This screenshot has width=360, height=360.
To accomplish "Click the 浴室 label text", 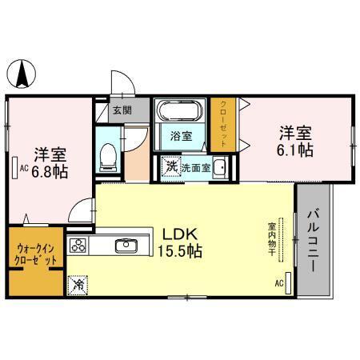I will click(182, 137).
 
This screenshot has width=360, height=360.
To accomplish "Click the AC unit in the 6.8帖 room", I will click(15, 169).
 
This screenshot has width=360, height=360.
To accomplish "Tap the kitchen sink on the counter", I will click(127, 245).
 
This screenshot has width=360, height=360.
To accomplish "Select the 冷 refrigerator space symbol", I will click(78, 283).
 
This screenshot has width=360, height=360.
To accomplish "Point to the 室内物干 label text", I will click(272, 238).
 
